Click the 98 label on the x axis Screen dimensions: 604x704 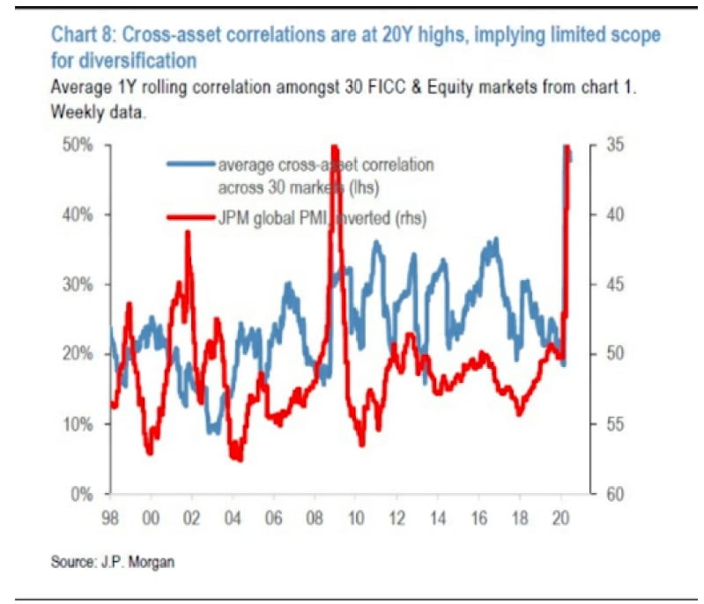(x=111, y=516)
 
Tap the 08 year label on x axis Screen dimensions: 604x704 (x=315, y=516)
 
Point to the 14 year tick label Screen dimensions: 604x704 (x=438, y=516)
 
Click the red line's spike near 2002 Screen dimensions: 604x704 (x=188, y=232)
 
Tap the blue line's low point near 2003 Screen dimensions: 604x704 (x=213, y=432)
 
